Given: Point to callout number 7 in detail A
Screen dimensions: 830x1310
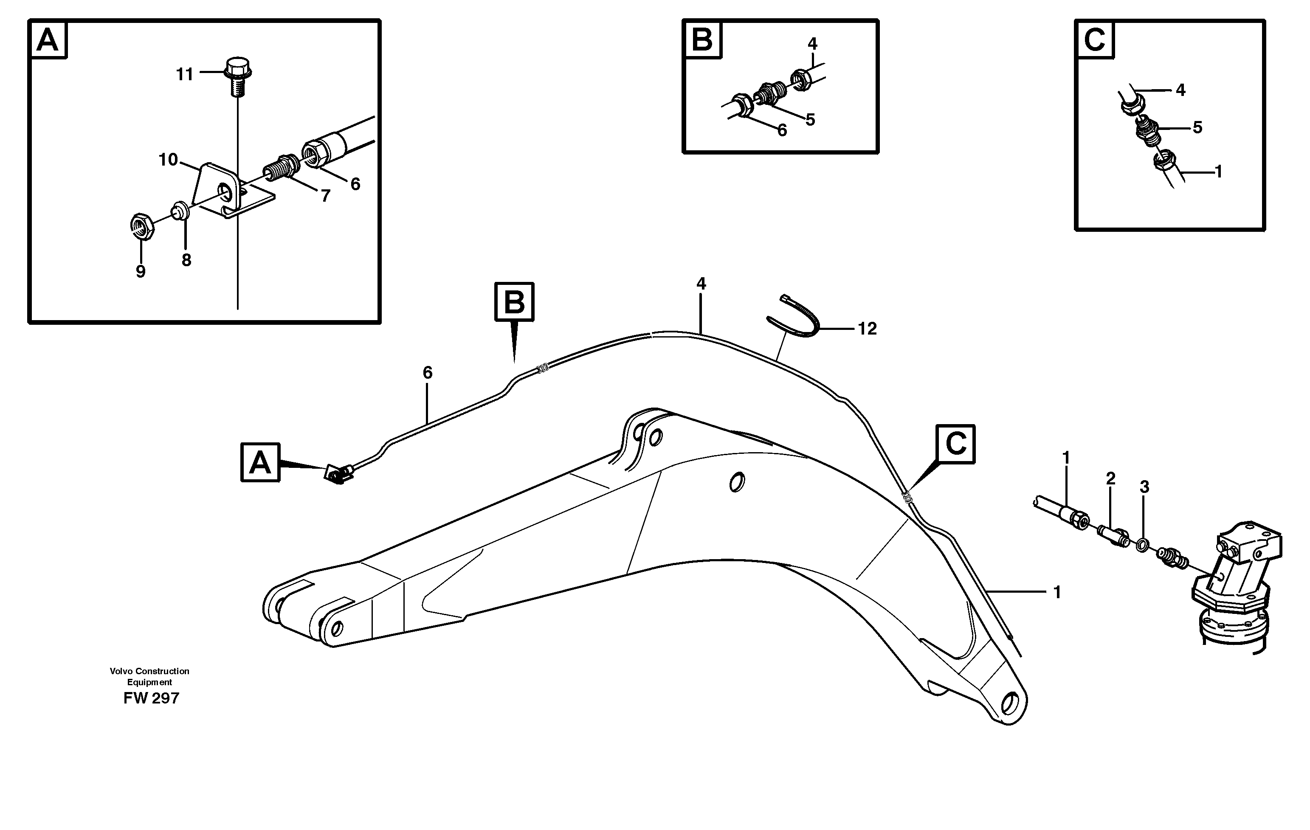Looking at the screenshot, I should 325,196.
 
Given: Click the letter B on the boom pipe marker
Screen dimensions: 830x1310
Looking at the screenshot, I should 514,302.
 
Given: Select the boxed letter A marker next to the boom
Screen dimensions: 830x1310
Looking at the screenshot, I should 260,462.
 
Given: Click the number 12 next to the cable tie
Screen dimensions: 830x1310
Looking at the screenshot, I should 867,329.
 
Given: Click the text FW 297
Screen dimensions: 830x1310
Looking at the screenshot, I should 151,698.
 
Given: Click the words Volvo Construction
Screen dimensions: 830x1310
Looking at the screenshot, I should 149,671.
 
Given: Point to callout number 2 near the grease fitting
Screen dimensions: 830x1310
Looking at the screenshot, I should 1111,478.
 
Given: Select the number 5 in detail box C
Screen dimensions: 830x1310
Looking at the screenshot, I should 1197,127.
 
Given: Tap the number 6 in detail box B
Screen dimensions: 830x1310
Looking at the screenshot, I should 782,130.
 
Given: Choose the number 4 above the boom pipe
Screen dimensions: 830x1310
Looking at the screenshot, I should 701,283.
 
